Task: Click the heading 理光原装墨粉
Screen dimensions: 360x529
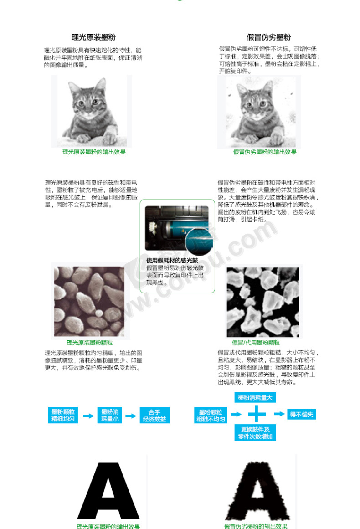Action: [93, 37]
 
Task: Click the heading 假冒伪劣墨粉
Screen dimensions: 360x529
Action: [268, 37]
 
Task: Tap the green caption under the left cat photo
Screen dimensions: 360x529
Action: [94, 152]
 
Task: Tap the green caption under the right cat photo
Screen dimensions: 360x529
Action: [265, 152]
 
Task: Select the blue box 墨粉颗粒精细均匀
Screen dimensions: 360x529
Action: [63, 415]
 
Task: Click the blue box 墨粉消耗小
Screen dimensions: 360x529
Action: [110, 415]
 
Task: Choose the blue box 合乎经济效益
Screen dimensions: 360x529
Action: [154, 415]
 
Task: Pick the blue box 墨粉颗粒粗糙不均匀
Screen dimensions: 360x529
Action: [211, 415]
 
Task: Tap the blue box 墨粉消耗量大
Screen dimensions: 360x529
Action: [255, 397]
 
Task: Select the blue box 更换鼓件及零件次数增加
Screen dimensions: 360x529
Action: [255, 433]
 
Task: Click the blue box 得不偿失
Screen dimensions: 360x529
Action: [301, 414]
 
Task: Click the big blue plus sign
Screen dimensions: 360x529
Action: [257, 414]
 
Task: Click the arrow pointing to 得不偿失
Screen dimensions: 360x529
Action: [279, 414]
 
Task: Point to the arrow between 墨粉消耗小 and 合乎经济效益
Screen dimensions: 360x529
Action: [131, 416]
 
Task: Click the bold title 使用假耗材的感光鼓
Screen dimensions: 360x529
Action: [172, 261]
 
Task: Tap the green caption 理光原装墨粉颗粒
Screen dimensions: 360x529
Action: [90, 343]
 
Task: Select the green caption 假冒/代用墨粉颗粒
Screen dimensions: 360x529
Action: [256, 343]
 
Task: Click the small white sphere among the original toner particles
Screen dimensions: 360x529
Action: [98, 313]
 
